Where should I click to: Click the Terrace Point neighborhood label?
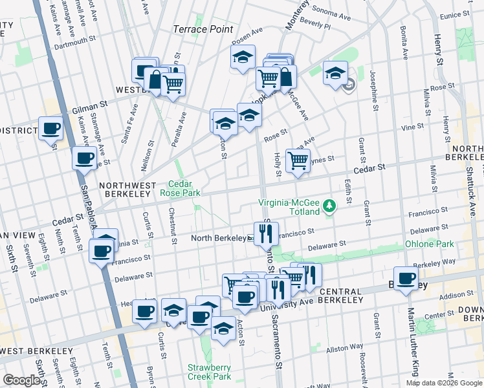point(203,29)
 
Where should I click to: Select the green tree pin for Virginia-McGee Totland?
point(331,206)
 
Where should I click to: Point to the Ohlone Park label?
point(429,244)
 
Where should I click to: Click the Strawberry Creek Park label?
point(209,372)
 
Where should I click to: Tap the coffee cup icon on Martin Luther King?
point(406,279)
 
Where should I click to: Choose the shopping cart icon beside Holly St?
point(298,160)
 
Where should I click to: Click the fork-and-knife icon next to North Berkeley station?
point(266,233)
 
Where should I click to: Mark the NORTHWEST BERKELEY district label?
point(127,185)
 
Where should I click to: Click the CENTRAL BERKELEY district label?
point(349,292)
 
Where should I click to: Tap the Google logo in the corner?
point(22,380)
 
